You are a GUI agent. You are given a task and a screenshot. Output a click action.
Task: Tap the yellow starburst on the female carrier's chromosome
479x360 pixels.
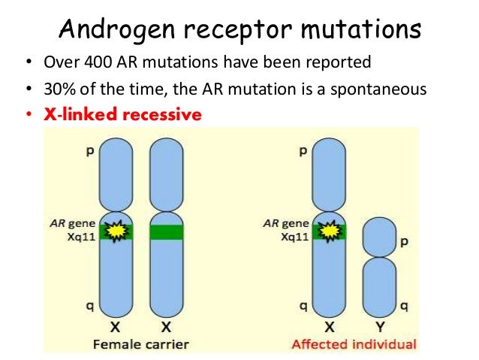(x=116, y=231)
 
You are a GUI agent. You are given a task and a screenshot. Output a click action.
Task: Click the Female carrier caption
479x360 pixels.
(x=141, y=344)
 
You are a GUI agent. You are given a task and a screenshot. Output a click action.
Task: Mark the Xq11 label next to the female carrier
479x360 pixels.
(x=77, y=235)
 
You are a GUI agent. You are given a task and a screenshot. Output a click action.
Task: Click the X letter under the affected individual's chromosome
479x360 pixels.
(x=330, y=328)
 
